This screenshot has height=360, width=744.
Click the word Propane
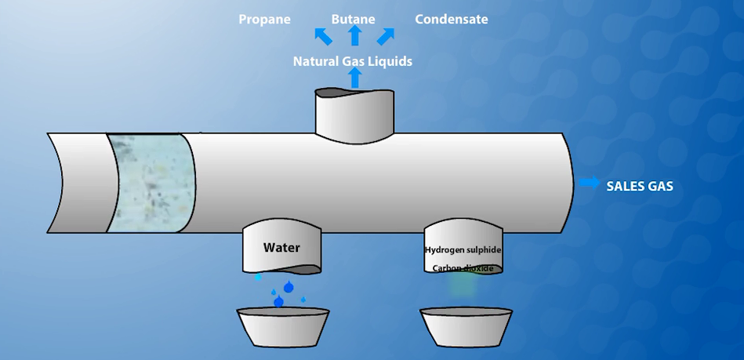pyautogui.click(x=264, y=20)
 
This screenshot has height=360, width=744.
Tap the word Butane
pyautogui.click(x=353, y=20)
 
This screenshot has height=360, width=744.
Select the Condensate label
pyautogui.click(x=451, y=20)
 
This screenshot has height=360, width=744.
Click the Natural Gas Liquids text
pyautogui.click(x=352, y=61)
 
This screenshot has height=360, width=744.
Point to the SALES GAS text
pyautogui.click(x=640, y=187)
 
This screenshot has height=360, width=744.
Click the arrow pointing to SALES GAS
pyautogui.click(x=590, y=184)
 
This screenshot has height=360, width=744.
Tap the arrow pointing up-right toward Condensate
pyautogui.click(x=386, y=36)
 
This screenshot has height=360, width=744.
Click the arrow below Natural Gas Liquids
pyautogui.click(x=354, y=78)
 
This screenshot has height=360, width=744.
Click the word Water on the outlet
pyautogui.click(x=281, y=248)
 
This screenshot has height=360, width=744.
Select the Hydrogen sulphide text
pyautogui.click(x=463, y=250)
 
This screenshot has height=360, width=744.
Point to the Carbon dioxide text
pyautogui.click(x=463, y=268)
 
